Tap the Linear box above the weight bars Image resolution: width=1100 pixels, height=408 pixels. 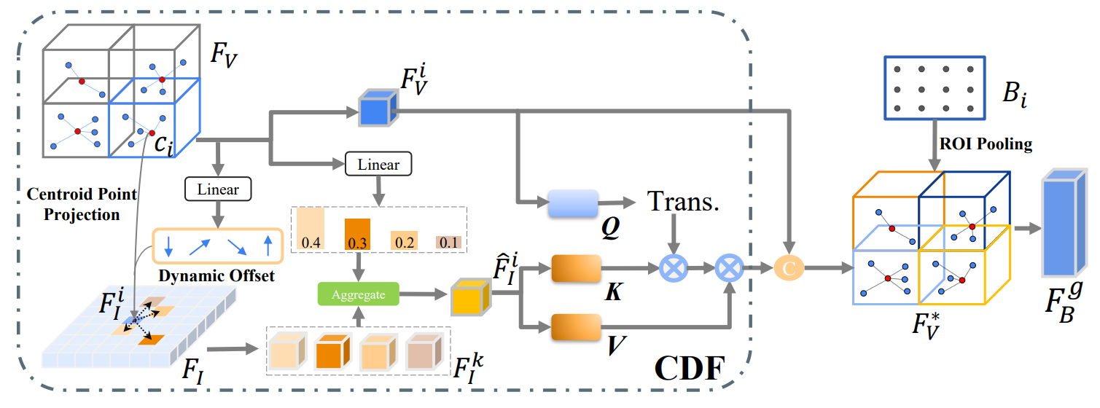click(x=378, y=165)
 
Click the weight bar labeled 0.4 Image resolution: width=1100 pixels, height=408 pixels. click(x=311, y=229)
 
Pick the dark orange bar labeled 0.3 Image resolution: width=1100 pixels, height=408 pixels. click(x=357, y=233)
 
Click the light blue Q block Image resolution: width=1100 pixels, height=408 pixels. click(x=572, y=205)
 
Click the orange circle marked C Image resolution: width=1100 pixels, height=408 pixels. click(x=787, y=269)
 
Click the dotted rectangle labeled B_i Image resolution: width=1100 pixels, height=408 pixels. click(x=932, y=88)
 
